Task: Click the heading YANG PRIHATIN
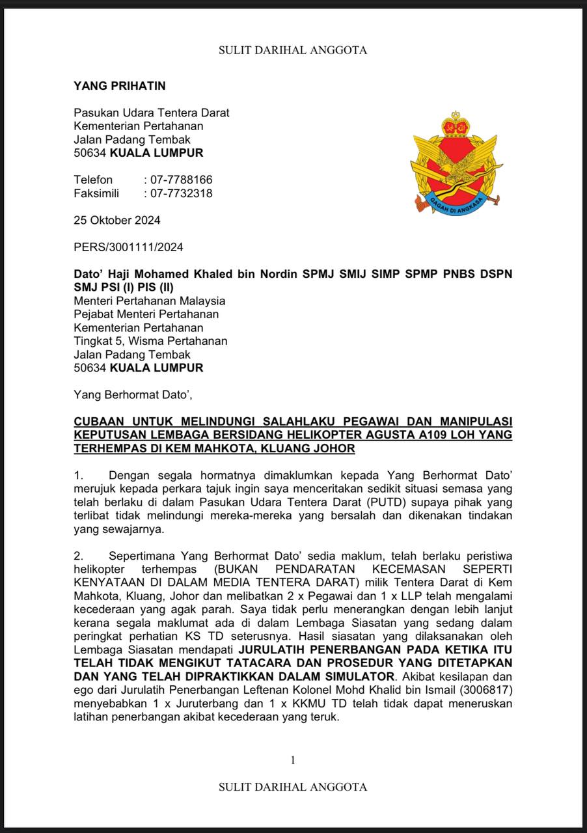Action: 120,85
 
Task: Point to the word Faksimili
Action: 96,193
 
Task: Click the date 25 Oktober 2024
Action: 117,220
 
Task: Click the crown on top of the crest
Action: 456,124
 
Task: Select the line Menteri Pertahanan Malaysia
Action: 150,301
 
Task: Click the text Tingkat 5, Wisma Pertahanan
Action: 150,341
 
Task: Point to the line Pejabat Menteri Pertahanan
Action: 146,314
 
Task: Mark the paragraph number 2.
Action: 78,556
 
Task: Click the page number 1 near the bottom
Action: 293,759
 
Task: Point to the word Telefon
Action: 93,180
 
